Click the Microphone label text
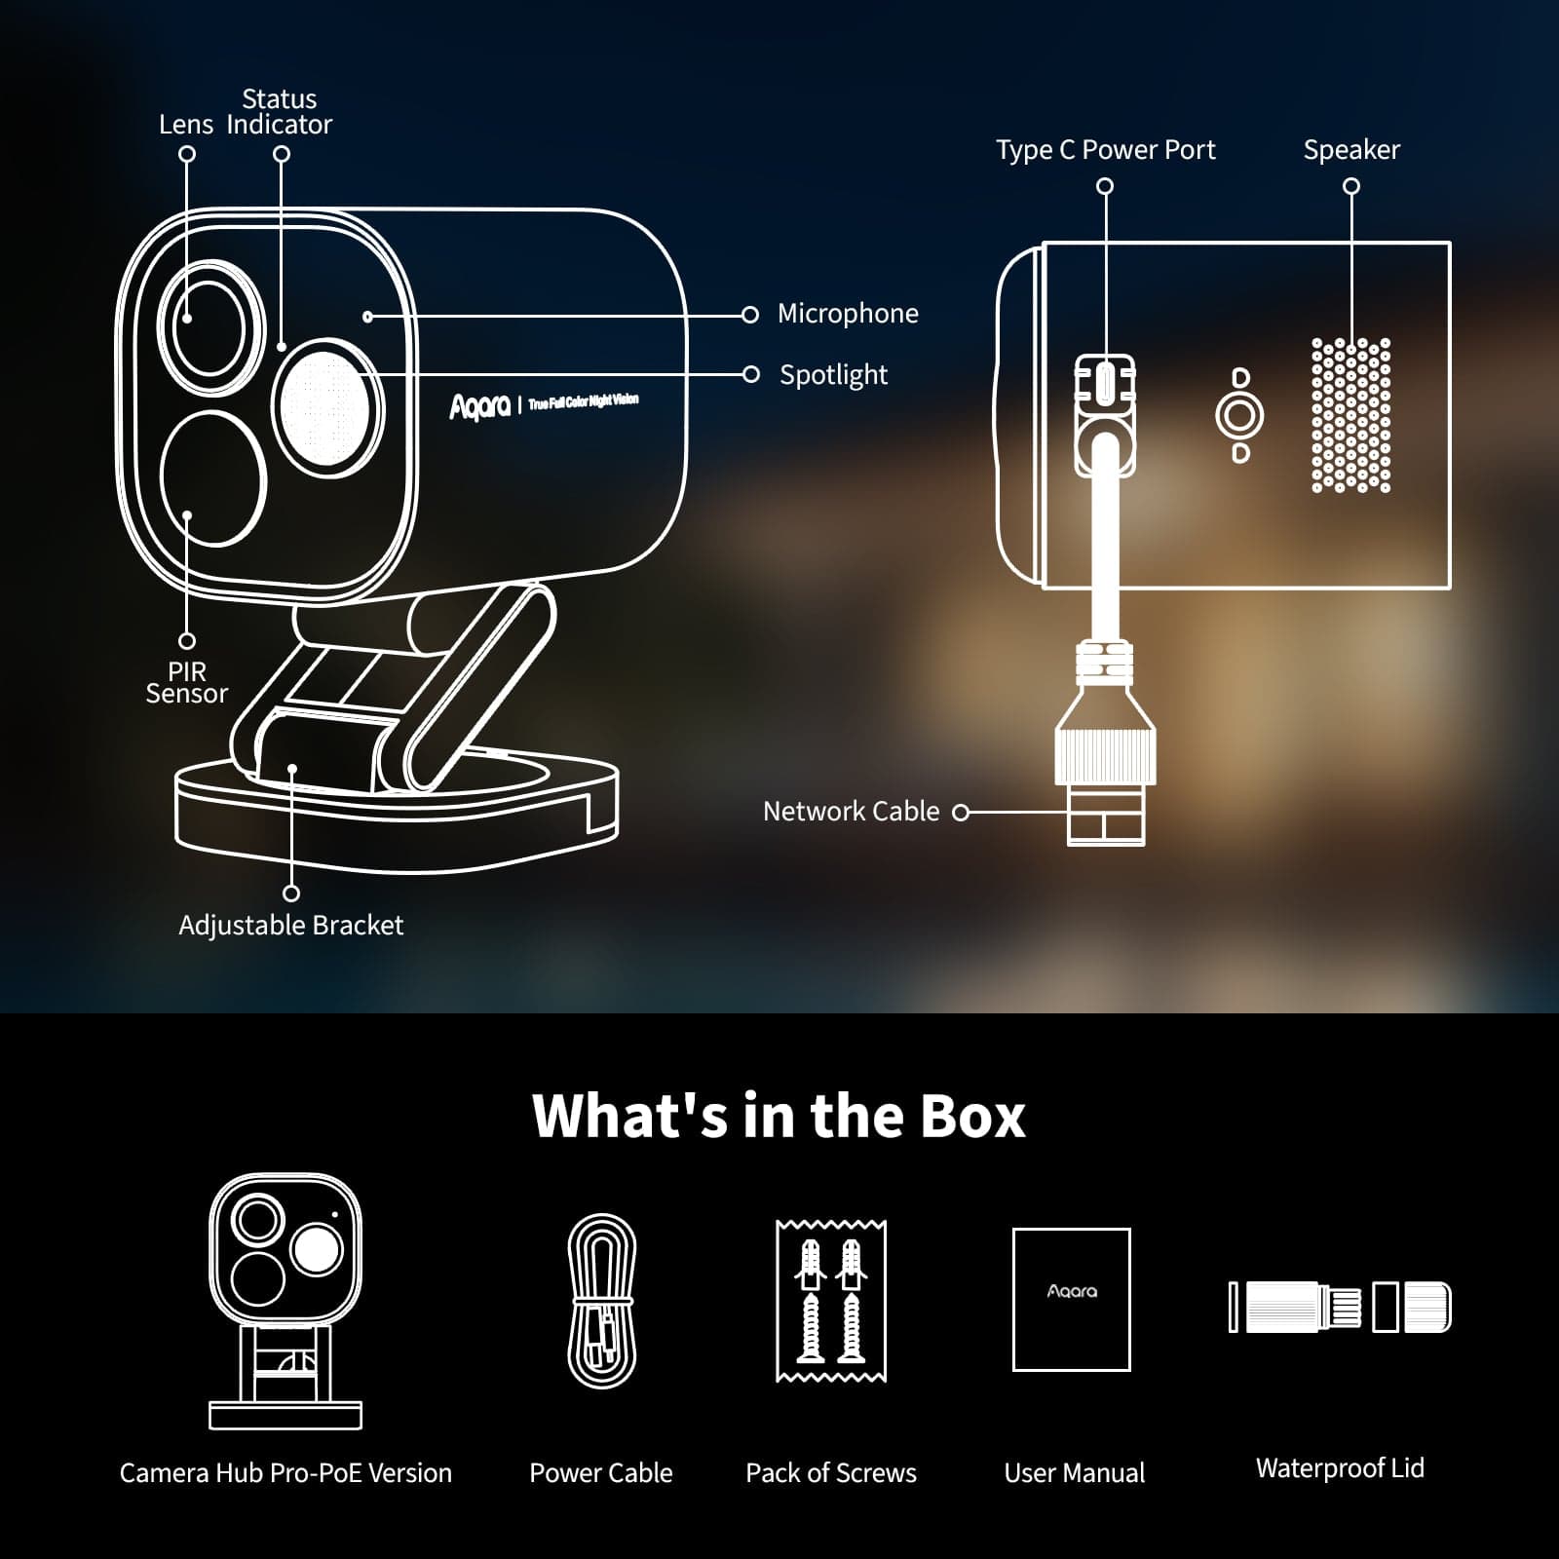847,314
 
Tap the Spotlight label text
833,375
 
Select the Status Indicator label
280,112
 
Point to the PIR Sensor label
186,683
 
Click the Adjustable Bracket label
290,926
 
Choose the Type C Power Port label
1105,150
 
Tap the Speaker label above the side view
1350,150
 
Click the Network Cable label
851,812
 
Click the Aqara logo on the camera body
479,406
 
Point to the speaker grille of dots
1350,415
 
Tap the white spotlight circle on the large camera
325,406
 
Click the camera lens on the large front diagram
209,326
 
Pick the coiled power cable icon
602,1301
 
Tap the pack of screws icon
831,1301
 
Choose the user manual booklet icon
1072,1300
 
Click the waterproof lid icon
1340,1307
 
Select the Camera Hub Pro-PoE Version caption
285,1473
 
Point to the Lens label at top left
185,125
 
